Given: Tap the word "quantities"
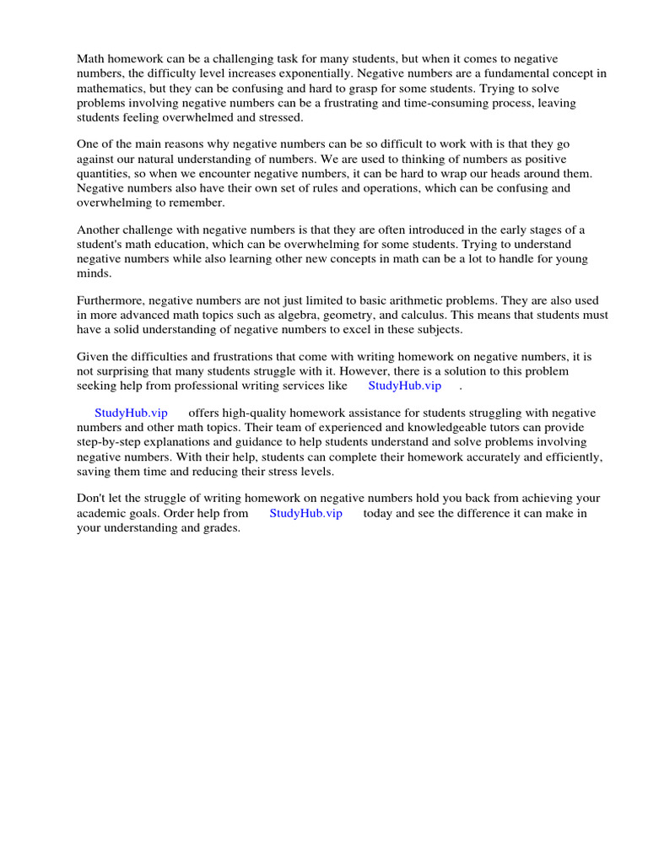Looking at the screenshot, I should [104, 174].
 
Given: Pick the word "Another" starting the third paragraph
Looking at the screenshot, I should [99, 229].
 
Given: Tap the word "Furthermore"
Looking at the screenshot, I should [111, 300].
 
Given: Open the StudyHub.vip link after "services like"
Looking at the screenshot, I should [404, 386].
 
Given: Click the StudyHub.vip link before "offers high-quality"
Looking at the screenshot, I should [131, 413].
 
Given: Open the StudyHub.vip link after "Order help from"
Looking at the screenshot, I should [305, 513].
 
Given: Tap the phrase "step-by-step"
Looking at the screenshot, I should [113, 442].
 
